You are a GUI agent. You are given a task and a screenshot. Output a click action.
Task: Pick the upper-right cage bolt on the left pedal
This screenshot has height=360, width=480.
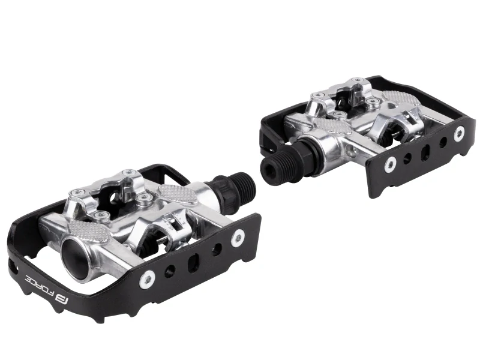click(x=238, y=237)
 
